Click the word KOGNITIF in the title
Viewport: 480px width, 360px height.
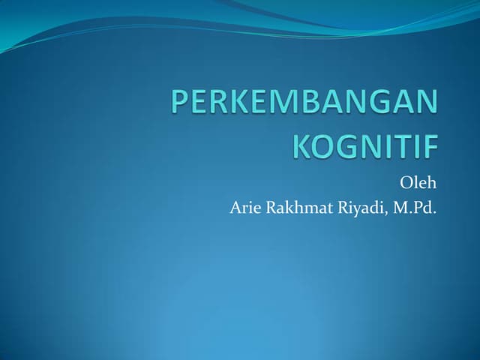coord(364,145)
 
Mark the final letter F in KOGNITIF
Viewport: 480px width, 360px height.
coord(429,145)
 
